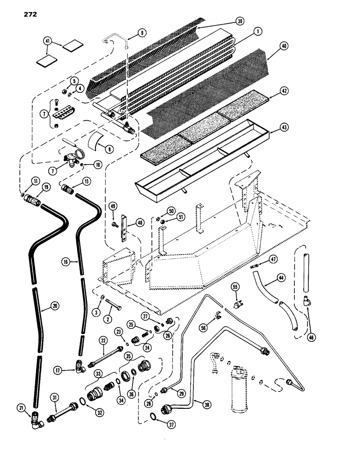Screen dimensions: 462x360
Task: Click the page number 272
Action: (28, 13)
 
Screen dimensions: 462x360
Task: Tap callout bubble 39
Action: (240, 21)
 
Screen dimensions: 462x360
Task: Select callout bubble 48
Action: (138, 223)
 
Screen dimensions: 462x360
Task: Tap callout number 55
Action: (237, 287)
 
